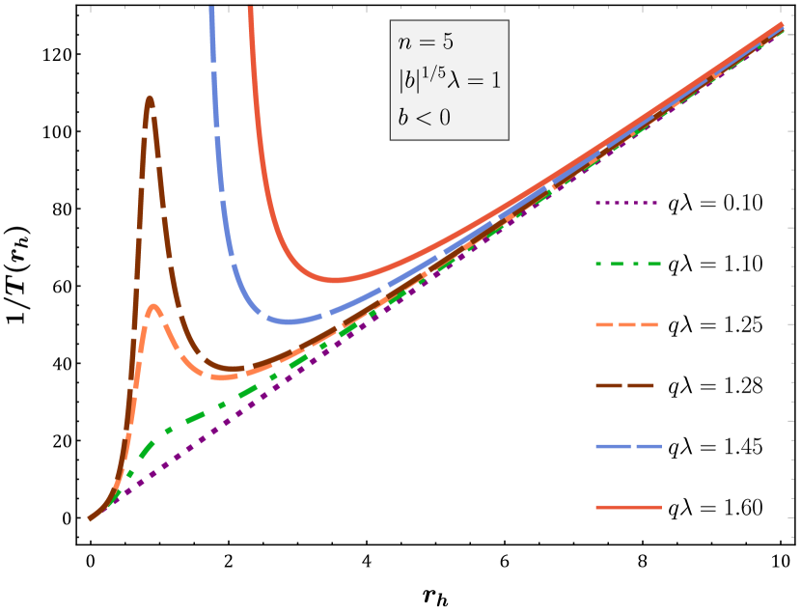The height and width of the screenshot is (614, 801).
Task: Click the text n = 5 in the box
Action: [425, 42]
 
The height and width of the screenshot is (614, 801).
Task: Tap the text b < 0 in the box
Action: [424, 118]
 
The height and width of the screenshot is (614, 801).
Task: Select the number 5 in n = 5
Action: [447, 42]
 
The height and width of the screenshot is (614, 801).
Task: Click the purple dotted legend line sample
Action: [627, 203]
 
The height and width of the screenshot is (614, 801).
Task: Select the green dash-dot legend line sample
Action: [627, 264]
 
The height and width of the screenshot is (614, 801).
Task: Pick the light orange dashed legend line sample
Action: [627, 324]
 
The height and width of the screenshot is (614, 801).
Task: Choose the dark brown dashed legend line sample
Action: [627, 385]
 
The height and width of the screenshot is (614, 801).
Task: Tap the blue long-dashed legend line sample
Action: [627, 446]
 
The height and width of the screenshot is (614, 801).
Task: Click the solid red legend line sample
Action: [627, 507]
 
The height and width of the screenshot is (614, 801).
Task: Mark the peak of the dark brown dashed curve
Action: [150, 98]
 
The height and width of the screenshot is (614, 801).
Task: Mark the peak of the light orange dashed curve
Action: [154, 307]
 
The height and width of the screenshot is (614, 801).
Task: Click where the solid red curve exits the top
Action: [250, 8]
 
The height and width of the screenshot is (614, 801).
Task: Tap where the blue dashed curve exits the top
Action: [209, 8]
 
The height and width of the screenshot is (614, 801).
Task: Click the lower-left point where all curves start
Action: [91, 518]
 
